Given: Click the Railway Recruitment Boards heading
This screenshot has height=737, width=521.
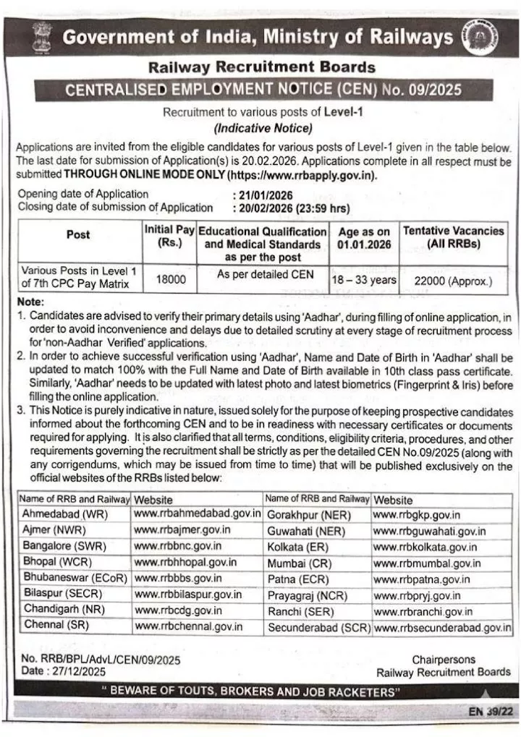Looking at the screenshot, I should tap(261, 68).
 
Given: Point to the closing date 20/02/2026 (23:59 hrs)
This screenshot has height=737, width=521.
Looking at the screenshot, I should tap(292, 208).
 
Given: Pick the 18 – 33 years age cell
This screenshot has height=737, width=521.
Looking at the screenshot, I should tap(364, 279).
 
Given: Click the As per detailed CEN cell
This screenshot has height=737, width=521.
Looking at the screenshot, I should tap(261, 274).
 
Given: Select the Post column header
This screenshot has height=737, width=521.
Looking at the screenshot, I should tap(78, 234).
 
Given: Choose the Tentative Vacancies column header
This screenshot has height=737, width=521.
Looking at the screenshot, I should tap(454, 237).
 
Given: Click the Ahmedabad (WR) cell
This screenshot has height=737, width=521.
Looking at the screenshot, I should tap(65, 514).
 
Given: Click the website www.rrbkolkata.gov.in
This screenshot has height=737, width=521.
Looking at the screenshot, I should tap(425, 546).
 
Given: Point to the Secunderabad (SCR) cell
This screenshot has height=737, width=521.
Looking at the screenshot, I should tap(317, 627).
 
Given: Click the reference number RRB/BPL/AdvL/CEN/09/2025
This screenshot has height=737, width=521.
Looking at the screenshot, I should tap(101, 660).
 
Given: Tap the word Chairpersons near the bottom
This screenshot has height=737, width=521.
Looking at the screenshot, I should tap(444, 660).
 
